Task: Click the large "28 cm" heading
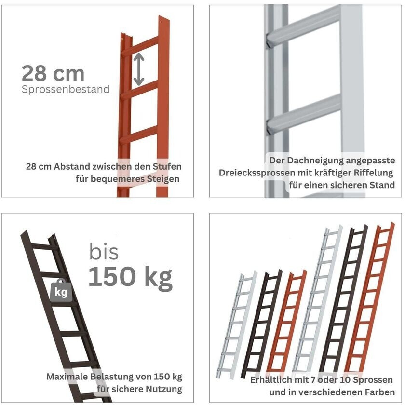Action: point(53,74)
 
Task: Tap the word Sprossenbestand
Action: point(66,89)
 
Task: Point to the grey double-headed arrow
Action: point(139,69)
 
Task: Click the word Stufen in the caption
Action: point(167,167)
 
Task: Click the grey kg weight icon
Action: point(61,291)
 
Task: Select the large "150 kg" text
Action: point(131,277)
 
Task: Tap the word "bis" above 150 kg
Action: point(104,252)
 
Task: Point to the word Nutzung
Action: point(164,389)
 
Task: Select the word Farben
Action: point(380,392)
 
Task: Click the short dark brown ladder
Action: point(261,324)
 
